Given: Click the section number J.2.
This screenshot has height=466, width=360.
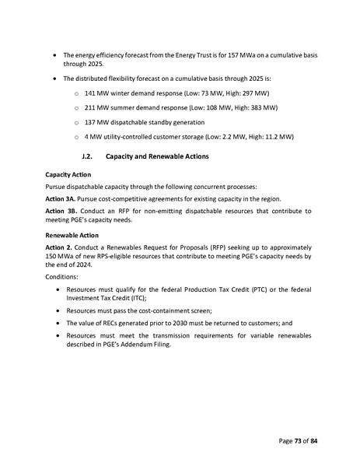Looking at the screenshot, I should click(88, 156).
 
